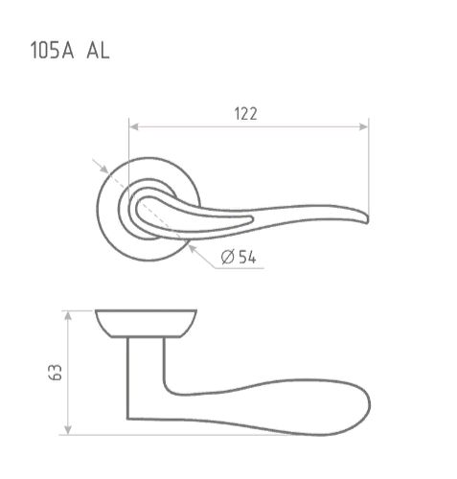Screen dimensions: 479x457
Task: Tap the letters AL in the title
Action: click(x=97, y=50)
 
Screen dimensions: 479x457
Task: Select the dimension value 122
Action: click(x=246, y=113)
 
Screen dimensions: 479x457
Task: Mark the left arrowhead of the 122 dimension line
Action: click(x=134, y=125)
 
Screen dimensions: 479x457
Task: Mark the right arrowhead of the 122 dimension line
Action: click(x=364, y=125)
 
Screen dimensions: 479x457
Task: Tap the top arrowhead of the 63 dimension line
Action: click(x=67, y=315)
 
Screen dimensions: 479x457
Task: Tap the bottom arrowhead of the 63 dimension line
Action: click(x=67, y=428)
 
